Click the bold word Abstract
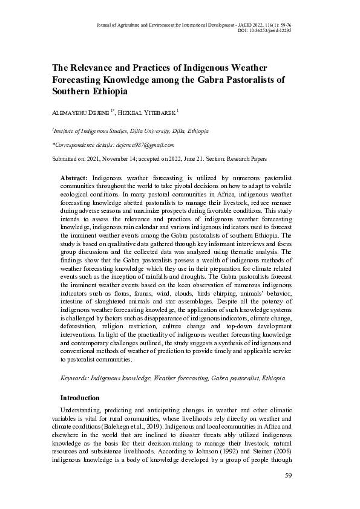coord(74,178)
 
